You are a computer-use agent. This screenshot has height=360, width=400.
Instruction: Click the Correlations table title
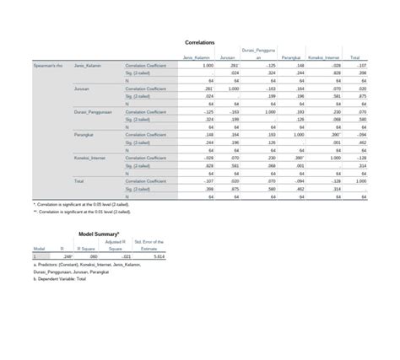[x=199, y=41]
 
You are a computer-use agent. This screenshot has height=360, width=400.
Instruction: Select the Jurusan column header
[x=227, y=57]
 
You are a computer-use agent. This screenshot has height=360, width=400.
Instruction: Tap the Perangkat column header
[x=292, y=57]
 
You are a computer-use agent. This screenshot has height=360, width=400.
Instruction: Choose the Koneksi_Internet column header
[x=324, y=57]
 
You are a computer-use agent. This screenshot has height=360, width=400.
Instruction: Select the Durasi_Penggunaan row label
[x=92, y=111]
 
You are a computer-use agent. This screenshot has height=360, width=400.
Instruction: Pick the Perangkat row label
[x=84, y=134]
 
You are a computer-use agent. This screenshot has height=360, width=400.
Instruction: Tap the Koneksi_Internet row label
[x=90, y=158]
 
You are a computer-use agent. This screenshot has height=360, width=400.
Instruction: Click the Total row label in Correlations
[x=79, y=180]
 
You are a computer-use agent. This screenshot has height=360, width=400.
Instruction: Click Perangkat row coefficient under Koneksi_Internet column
[x=334, y=134]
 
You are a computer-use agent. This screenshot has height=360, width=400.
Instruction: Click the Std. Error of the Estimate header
[x=153, y=245]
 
